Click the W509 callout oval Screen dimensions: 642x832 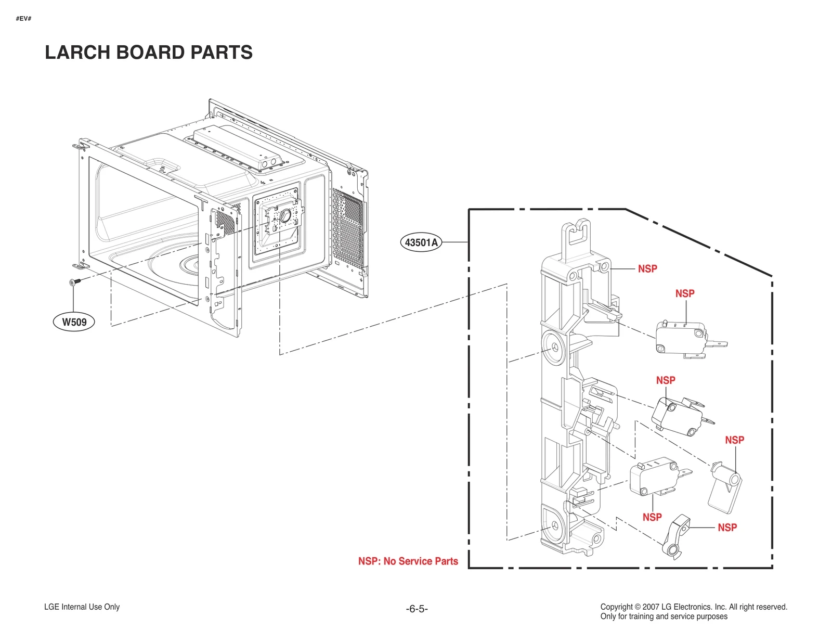click(74, 322)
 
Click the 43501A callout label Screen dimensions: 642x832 click(421, 242)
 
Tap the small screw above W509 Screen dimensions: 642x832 click(73, 282)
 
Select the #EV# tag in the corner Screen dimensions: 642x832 click(23, 19)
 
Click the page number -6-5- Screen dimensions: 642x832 click(417, 609)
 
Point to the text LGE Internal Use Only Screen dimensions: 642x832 click(82, 607)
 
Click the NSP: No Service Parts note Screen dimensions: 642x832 click(408, 561)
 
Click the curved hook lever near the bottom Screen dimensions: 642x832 click(676, 536)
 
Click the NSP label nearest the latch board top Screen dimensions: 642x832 click(647, 269)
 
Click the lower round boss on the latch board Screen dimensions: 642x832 click(552, 525)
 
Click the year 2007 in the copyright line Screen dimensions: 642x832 click(651, 607)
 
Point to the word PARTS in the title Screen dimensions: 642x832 click(221, 53)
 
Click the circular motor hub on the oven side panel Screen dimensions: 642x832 click(285, 215)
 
